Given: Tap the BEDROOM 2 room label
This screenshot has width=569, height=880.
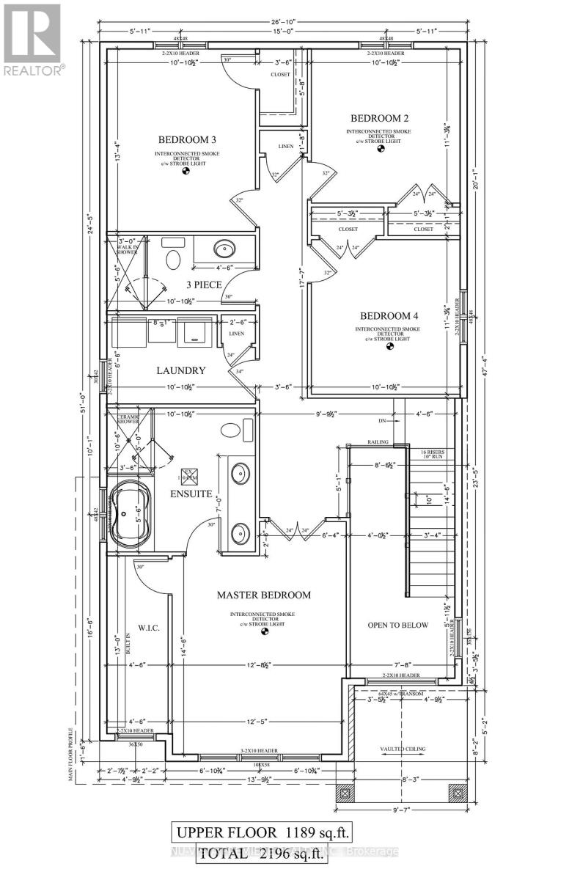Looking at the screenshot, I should pos(379,118).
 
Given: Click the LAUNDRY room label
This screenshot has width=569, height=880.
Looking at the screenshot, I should pos(180,371).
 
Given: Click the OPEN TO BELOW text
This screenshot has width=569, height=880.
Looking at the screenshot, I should pos(398,625).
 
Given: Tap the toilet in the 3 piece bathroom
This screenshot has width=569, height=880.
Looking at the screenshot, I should pos(174,260).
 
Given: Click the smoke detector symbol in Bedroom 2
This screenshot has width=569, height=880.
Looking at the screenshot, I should pos(380,150).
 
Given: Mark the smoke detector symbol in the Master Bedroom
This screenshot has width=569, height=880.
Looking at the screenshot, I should pos(265,631).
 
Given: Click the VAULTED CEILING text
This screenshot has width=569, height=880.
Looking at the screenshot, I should pos(402,749).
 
